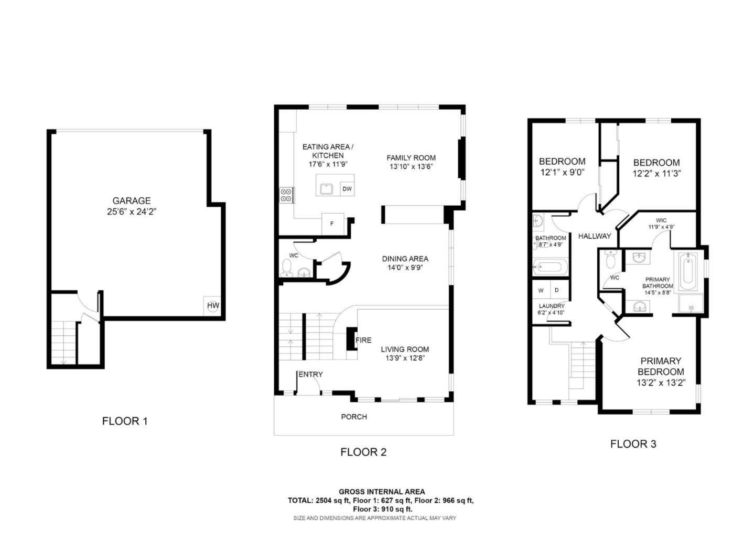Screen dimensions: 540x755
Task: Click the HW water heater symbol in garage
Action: tap(212, 305)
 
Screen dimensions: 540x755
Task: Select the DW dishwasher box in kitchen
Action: tap(347, 189)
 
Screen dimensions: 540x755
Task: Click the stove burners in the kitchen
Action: tap(286, 195)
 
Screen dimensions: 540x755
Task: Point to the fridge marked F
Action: tap(332, 224)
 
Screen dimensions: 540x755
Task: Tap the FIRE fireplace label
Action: tap(363, 340)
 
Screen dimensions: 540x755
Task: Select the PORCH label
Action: tap(354, 417)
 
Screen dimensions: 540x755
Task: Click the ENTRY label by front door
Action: tap(311, 374)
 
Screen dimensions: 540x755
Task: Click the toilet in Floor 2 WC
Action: tap(287, 267)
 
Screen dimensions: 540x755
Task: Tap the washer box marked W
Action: tap(541, 290)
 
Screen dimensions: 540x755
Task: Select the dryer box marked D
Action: tap(557, 290)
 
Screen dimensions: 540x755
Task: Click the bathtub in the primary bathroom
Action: tap(686, 272)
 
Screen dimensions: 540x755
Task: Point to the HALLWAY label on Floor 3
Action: tap(595, 236)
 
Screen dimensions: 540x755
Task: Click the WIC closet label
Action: tap(661, 220)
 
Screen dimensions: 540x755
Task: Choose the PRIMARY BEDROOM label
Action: tap(661, 366)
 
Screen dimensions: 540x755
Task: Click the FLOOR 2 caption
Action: tap(363, 452)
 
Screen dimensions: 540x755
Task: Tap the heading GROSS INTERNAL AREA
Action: tap(382, 492)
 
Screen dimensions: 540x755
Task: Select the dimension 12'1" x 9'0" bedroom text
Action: tap(562, 172)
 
